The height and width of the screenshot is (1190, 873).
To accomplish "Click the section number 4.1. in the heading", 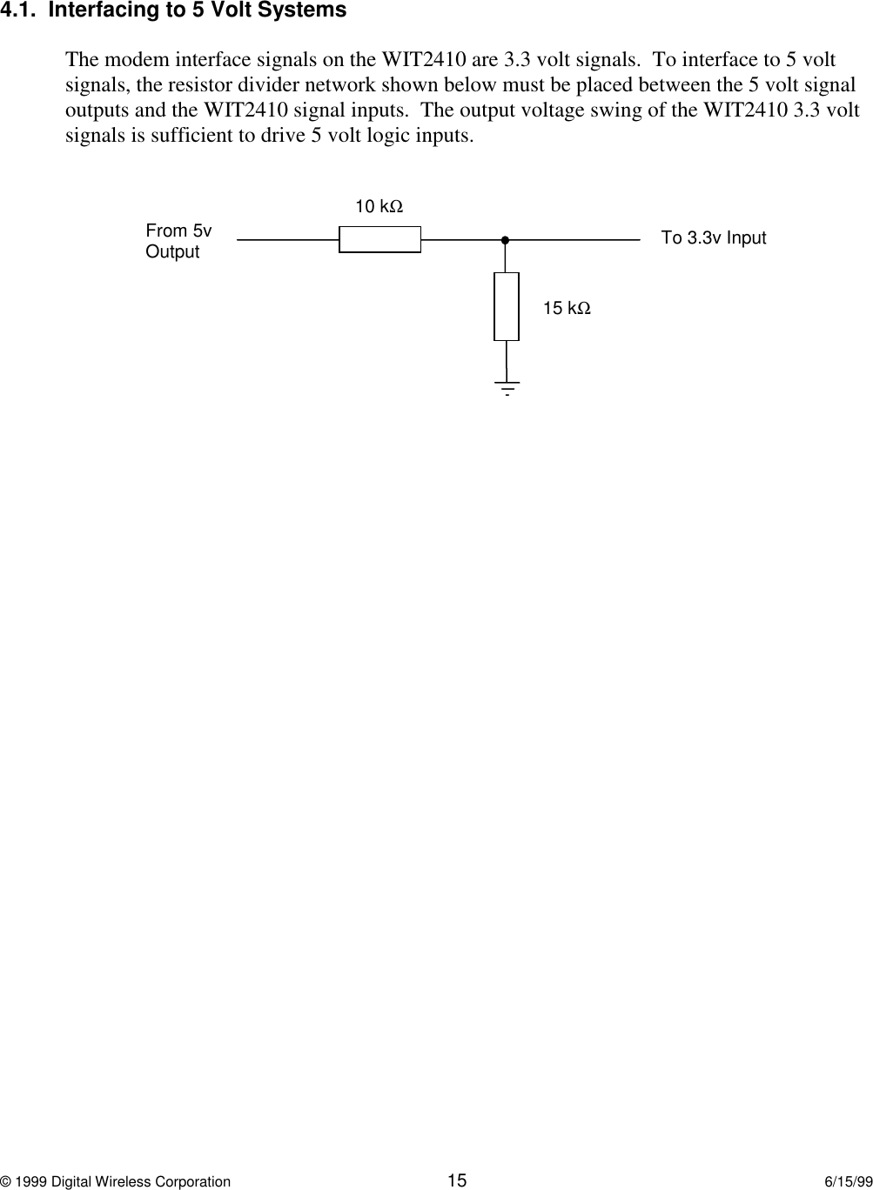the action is tap(18, 11).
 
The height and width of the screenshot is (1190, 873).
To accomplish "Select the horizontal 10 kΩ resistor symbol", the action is tap(379, 239).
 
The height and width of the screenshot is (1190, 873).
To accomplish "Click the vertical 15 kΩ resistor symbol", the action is tap(507, 306).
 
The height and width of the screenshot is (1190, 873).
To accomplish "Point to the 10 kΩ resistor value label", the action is tap(379, 207).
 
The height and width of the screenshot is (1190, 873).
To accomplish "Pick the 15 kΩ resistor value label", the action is tap(567, 308).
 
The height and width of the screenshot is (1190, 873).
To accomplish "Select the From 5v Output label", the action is tap(178, 241).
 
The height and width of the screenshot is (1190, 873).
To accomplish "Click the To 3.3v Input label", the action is tap(714, 238).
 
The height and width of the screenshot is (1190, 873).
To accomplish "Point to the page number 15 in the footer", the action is tap(457, 1180).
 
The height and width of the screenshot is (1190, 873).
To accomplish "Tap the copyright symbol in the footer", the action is tap(5, 1181).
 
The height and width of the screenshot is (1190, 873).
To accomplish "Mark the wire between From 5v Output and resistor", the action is tap(287, 239).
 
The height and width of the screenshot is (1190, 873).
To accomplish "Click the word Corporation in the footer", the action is tap(191, 1181).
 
